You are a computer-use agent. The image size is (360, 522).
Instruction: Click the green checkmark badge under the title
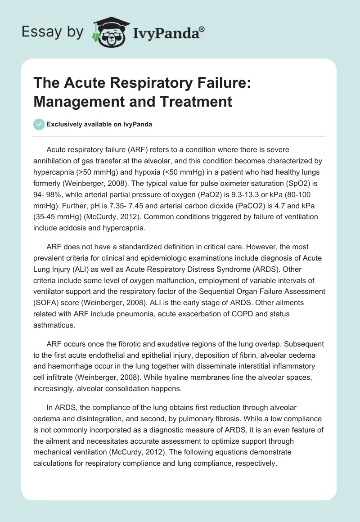point(39,124)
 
